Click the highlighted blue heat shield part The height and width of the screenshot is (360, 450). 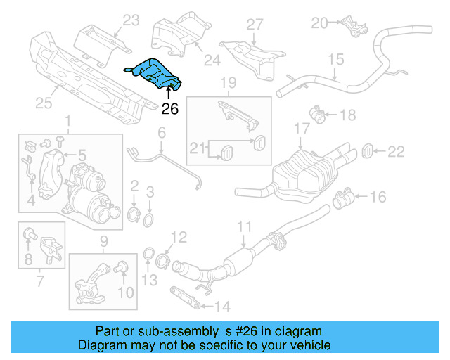point(154,75)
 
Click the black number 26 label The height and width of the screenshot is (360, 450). point(171,109)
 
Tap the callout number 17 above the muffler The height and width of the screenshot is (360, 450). point(302,129)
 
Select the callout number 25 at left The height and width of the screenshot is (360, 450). point(44,104)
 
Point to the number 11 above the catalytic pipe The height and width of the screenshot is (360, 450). point(244,226)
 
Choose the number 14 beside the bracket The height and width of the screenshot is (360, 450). point(221,306)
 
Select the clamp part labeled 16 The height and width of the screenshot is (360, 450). point(342,199)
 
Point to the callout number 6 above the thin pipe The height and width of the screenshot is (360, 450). point(161,131)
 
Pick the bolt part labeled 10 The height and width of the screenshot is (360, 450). point(120,268)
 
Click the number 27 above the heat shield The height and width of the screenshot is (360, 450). point(254,24)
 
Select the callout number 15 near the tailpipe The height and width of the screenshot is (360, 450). point(335,60)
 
